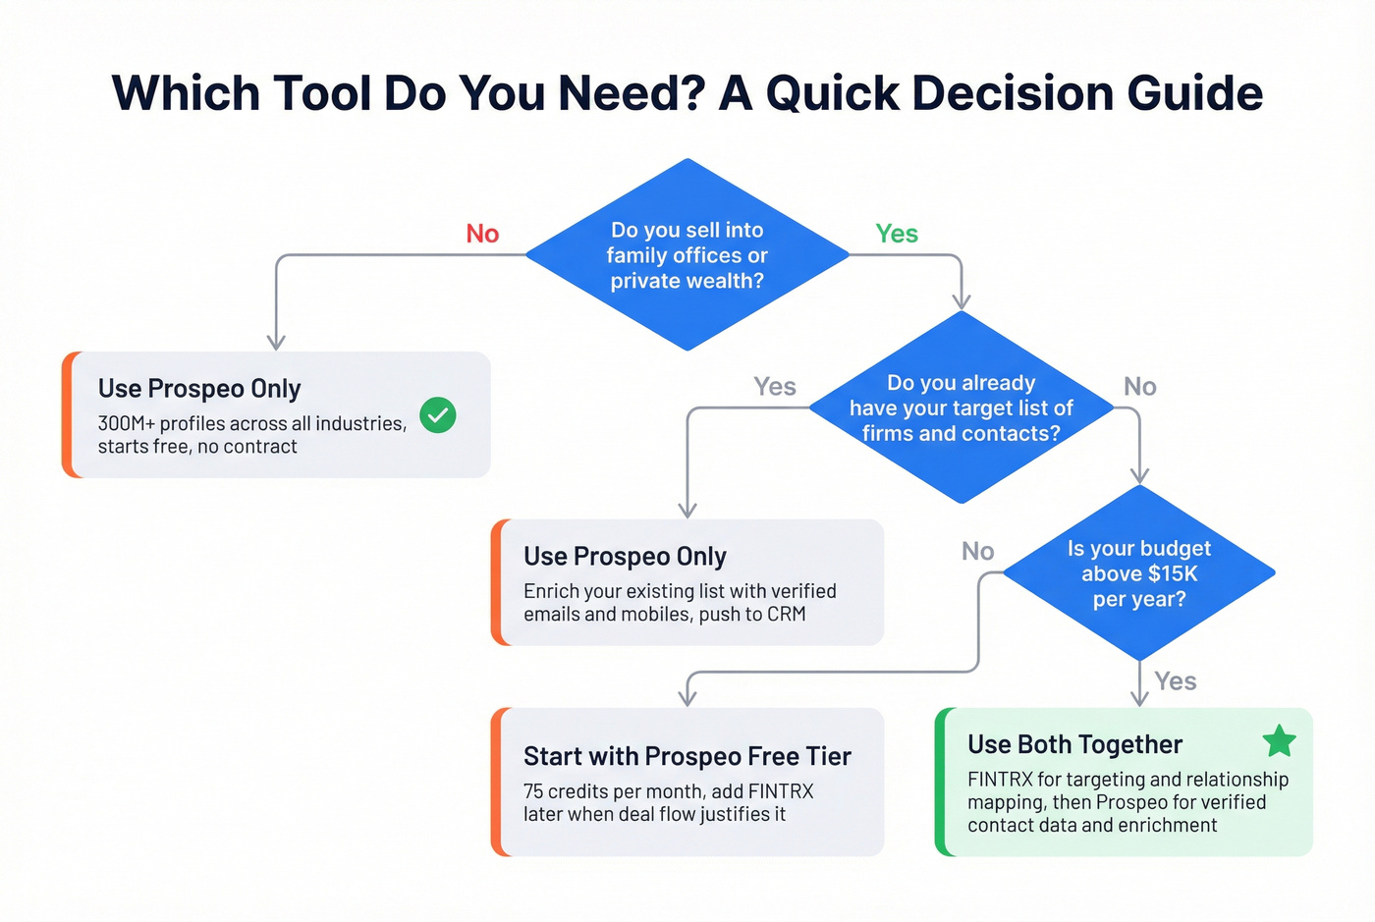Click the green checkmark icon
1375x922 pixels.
438,415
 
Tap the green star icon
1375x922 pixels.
1279,741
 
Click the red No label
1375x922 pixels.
482,234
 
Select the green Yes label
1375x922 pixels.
897,234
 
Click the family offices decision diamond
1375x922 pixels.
687,255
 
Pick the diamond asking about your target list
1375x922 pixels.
961,407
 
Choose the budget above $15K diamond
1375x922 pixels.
1138,573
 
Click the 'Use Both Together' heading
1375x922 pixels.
1074,744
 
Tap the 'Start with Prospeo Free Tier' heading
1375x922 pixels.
687,756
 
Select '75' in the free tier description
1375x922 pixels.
533,791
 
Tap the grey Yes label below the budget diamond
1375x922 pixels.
1176,681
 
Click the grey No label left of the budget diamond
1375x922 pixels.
977,552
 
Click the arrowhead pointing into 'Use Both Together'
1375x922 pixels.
1139,699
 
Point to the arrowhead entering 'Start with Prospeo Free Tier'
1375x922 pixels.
687,698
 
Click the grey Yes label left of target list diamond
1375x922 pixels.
774,387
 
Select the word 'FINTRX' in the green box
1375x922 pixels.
1000,780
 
